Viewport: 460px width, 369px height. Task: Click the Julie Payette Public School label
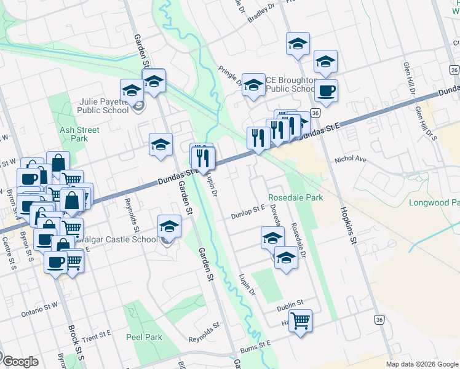[103, 106]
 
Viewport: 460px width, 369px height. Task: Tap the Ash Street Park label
[79, 134]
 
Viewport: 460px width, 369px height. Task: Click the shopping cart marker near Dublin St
[300, 320]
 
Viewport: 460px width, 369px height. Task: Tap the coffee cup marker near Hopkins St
[326, 91]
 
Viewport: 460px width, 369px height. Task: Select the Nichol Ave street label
[350, 159]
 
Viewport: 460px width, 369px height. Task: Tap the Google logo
[20, 362]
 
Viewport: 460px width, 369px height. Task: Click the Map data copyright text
[422, 364]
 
